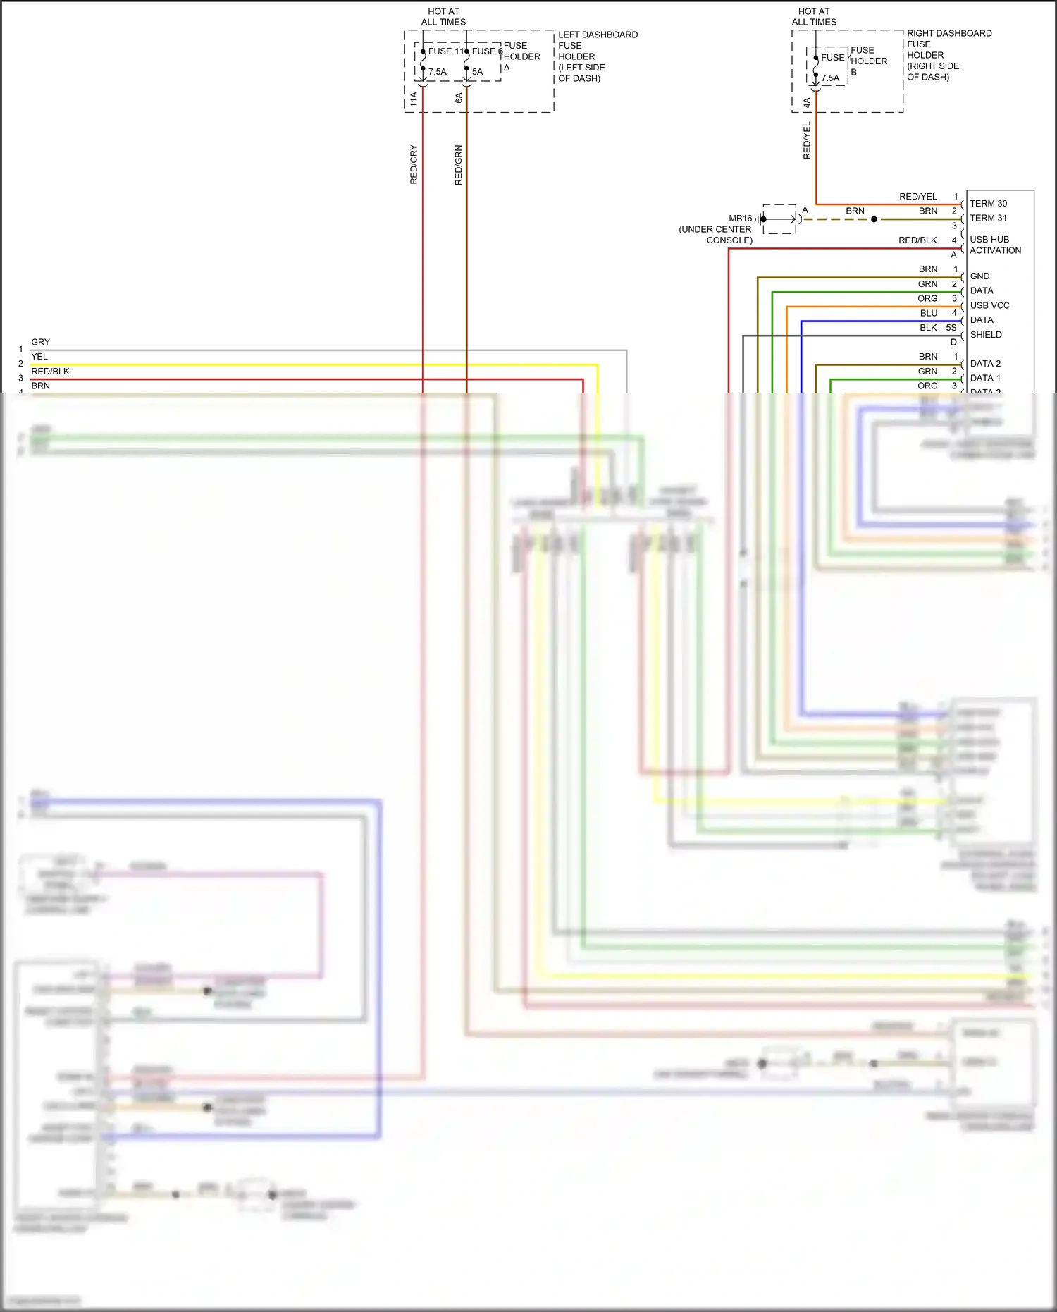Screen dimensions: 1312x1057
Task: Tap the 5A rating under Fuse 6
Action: [x=478, y=72]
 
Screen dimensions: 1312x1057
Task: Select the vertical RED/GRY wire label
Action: [x=414, y=165]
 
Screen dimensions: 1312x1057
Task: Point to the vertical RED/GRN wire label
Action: [x=459, y=166]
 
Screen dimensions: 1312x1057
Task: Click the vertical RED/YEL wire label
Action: [x=808, y=140]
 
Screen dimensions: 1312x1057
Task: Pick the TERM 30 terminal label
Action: [x=989, y=204]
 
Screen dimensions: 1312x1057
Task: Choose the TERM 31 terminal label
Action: [x=989, y=219]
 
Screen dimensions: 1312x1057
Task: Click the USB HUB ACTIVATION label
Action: [x=995, y=245]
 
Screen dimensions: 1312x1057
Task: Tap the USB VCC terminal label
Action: [x=989, y=306]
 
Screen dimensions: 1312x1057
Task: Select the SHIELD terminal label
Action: [x=986, y=335]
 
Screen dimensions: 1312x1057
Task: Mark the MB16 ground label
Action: [x=741, y=219]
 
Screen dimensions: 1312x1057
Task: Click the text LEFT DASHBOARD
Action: [x=598, y=35]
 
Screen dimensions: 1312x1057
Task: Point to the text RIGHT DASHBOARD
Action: [x=949, y=33]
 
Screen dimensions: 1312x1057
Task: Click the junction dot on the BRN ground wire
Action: [x=874, y=219]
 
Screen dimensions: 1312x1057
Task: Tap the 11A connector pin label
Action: [x=414, y=99]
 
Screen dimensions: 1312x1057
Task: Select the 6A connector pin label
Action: [x=459, y=98]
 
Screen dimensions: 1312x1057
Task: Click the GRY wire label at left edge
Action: [x=40, y=342]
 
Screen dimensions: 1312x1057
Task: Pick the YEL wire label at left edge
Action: [x=39, y=357]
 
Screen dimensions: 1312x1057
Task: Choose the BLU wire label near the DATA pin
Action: [x=929, y=313]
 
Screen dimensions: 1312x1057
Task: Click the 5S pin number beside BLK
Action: [x=951, y=328]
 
